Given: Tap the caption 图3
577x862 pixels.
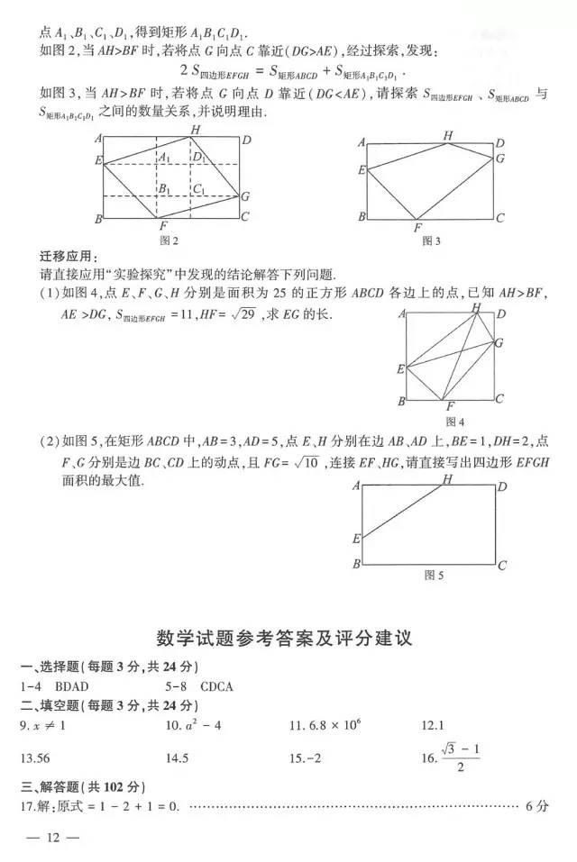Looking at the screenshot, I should (431, 240).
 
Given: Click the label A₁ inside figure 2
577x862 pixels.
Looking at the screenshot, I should (164, 158).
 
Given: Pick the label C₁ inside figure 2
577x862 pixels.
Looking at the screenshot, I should (199, 188).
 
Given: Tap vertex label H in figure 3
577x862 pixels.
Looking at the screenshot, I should (447, 135).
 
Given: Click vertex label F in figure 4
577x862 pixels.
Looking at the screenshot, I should (450, 407).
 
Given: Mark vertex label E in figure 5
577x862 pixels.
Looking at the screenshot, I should (357, 539).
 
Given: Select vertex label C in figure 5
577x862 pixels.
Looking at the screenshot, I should (501, 566).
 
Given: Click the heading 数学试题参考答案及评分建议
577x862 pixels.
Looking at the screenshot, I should (288, 638).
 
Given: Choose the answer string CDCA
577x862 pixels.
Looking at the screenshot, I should (216, 686).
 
